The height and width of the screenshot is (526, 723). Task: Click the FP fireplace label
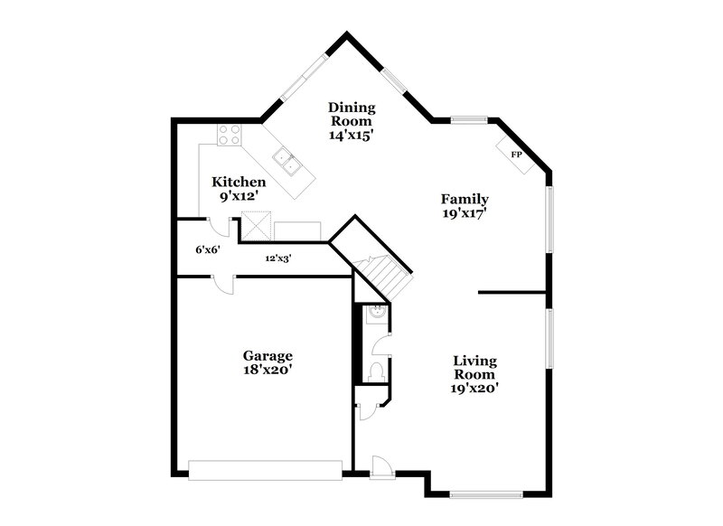517,155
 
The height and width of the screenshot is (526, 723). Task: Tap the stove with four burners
230,135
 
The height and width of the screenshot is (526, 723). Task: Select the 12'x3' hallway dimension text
277,258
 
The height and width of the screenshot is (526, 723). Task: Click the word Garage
267,355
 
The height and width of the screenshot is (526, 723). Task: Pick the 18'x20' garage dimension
267,370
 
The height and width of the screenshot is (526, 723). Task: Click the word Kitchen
239,182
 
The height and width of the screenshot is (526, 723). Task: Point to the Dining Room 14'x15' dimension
352,134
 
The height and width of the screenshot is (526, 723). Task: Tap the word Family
465,199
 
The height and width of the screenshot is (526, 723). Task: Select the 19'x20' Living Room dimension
474,388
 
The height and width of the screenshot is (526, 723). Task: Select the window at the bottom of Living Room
486,493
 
